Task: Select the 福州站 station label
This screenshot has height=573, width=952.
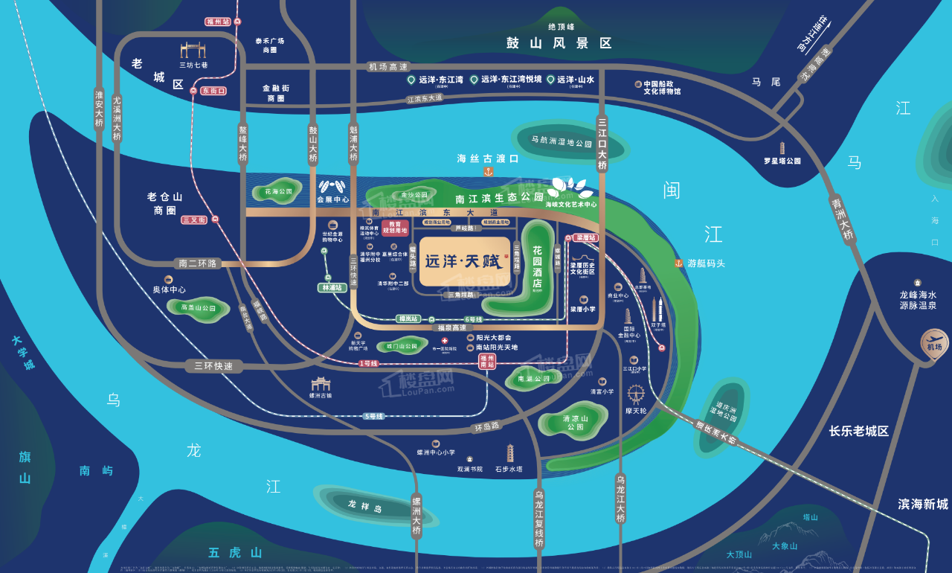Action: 218,22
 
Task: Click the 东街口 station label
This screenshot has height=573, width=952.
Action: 213,91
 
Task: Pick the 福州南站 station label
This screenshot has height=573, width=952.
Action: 486,361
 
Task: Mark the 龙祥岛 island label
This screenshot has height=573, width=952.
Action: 364,504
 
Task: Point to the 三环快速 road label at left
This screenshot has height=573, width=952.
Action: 213,365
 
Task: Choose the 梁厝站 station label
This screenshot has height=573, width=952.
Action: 587,238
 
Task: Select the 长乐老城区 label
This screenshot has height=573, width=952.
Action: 859,431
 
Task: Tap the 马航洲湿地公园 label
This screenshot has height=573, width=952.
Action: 562,141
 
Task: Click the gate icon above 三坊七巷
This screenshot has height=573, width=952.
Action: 193,50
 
